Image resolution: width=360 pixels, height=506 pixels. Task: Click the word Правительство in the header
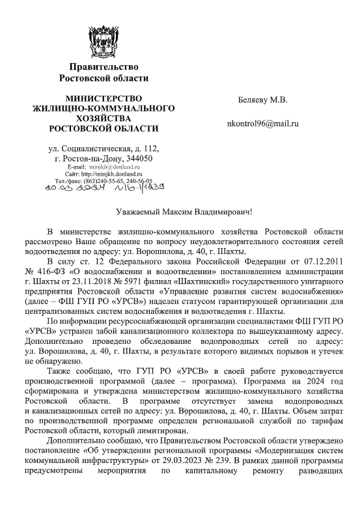pos(108,66)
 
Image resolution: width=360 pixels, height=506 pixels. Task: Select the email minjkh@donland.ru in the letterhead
pos(118,167)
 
